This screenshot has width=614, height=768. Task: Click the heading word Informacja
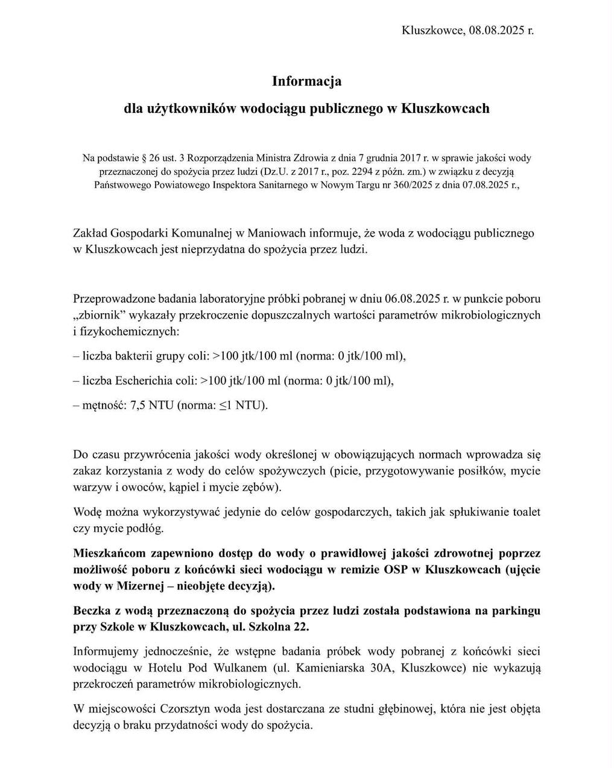(306, 80)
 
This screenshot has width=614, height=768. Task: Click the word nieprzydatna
(213, 249)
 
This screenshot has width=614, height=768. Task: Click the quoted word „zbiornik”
(99, 315)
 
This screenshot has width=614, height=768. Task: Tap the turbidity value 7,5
(138, 405)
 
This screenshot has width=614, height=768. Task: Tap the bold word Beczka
(92, 611)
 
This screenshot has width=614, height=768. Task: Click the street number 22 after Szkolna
(298, 627)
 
